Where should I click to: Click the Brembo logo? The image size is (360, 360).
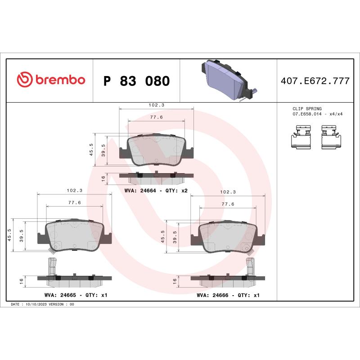[x=51, y=80]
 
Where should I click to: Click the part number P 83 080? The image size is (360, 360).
[x=136, y=81]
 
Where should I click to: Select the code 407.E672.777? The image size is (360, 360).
[x=315, y=81]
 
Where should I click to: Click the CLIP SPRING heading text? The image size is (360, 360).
[x=307, y=109]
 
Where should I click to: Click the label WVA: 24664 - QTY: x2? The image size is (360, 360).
[x=156, y=191]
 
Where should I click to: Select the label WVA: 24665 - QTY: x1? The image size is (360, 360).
[x=76, y=295]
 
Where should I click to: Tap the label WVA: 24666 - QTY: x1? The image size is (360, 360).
[x=228, y=295]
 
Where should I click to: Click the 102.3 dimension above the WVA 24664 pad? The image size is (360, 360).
[x=156, y=105]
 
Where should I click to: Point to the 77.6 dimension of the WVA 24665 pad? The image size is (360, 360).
[x=74, y=202]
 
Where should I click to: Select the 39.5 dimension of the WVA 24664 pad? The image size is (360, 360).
[x=103, y=149]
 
